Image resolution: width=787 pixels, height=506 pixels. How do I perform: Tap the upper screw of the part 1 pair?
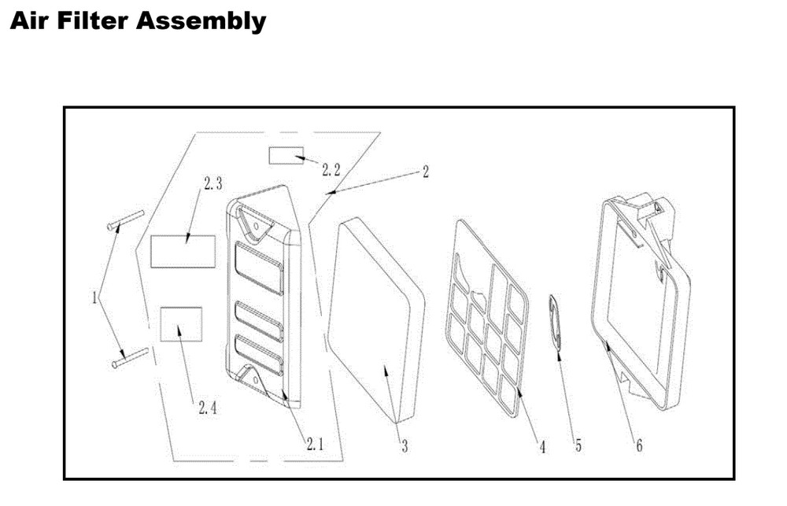point(124,219)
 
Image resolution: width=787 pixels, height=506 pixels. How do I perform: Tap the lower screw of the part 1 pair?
point(131,358)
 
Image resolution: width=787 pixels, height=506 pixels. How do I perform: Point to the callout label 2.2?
point(331,168)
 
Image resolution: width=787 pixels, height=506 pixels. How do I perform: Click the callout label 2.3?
point(212,184)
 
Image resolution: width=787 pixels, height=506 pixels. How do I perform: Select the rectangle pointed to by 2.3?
point(183,250)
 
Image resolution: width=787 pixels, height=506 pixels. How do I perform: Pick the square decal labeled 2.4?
point(181,323)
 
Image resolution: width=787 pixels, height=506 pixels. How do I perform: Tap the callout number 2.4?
point(208,408)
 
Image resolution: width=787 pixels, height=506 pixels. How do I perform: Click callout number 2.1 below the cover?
point(314,444)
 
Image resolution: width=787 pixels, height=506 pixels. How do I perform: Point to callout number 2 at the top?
point(425,172)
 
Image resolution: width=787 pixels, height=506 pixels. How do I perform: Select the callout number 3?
point(404,447)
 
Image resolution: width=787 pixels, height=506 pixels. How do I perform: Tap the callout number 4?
point(542,447)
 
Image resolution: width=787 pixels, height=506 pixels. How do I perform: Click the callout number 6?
point(638,446)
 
